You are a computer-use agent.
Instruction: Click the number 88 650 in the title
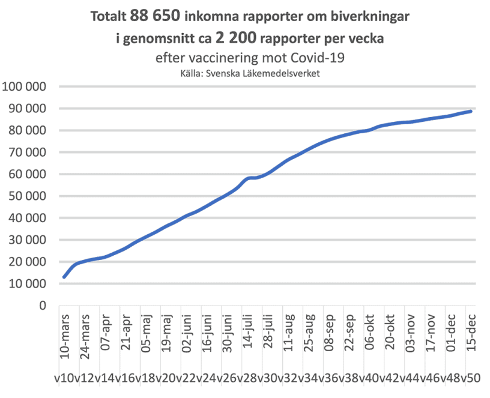(x=154, y=17)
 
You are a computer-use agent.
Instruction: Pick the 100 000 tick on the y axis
(x=25, y=87)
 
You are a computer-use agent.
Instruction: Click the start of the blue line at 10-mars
(x=64, y=277)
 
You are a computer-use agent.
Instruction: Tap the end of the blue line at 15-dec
(x=471, y=111)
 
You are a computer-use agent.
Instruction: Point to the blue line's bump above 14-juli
(x=249, y=178)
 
